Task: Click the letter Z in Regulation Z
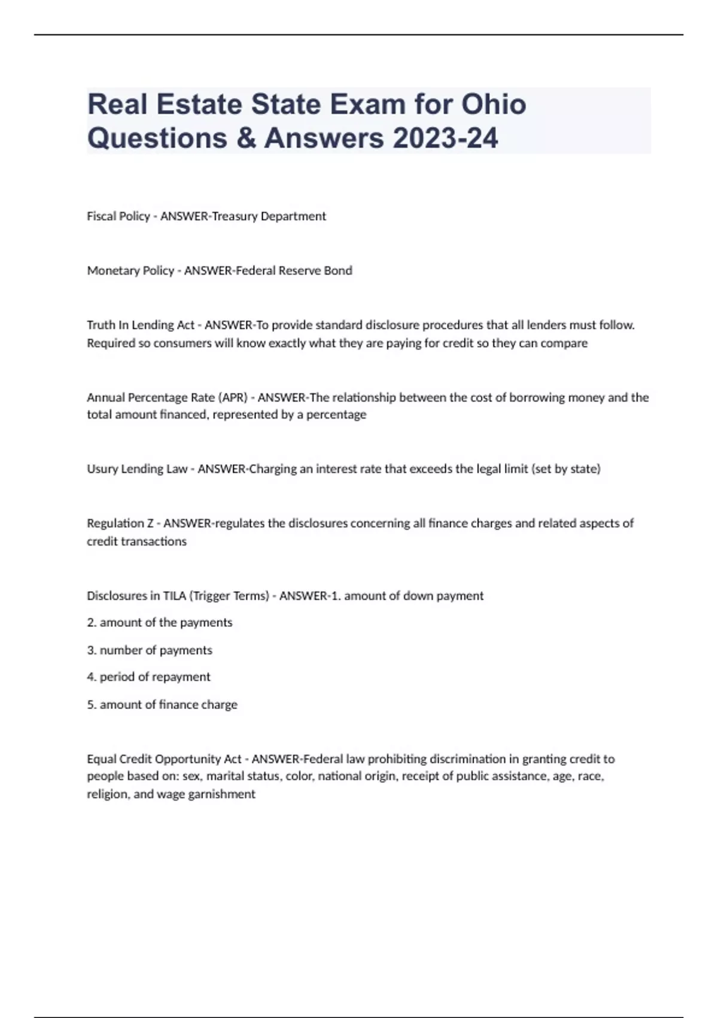coord(150,523)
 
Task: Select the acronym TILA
coord(175,596)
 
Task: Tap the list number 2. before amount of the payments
coord(92,623)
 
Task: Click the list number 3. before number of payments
coord(92,650)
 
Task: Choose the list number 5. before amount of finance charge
coord(92,705)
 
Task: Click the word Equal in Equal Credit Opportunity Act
coord(101,759)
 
